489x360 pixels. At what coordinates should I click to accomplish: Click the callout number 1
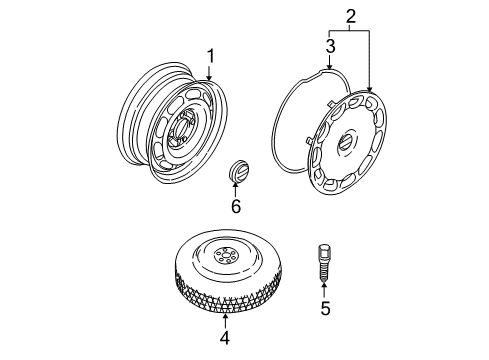[x=211, y=56]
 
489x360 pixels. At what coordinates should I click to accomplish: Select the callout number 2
[x=351, y=16]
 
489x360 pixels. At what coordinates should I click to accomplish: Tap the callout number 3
[x=330, y=46]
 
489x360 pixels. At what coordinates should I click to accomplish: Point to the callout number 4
[x=225, y=338]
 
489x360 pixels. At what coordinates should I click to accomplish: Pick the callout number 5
[x=325, y=308]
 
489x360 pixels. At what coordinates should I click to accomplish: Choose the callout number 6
[x=236, y=206]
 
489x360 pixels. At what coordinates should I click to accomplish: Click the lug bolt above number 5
[x=324, y=264]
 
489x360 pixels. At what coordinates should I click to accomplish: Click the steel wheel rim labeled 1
[x=172, y=123]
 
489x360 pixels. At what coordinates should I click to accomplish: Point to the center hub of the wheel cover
[x=346, y=142]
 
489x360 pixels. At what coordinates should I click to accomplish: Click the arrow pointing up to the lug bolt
[x=324, y=290]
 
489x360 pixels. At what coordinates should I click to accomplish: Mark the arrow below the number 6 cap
[x=236, y=189]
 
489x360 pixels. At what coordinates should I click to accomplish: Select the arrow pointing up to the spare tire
[x=225, y=321]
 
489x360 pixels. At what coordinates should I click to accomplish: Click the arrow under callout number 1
[x=209, y=73]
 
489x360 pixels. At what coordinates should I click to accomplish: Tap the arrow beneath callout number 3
[x=330, y=62]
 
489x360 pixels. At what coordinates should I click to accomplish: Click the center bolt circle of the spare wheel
[x=226, y=256]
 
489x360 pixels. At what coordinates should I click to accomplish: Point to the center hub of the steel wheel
[x=183, y=127]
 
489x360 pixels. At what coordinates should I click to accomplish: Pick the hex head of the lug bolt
[x=324, y=250]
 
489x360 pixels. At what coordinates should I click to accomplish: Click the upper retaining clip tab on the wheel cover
[x=331, y=103]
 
